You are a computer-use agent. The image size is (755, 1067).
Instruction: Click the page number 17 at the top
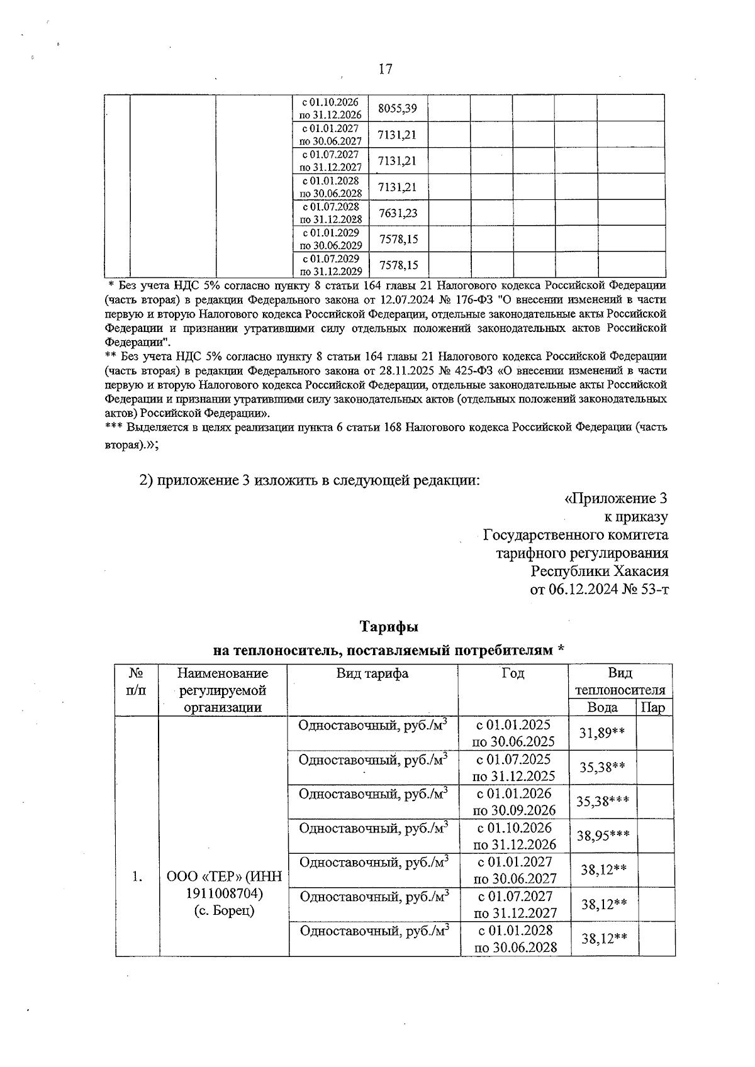click(385, 69)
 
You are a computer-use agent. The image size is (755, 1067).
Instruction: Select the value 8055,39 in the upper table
click(397, 108)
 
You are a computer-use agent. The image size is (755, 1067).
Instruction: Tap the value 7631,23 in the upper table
click(397, 213)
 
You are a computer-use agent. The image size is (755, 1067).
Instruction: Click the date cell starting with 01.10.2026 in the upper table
click(330, 108)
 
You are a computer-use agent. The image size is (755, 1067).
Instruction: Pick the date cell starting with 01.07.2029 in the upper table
click(330, 265)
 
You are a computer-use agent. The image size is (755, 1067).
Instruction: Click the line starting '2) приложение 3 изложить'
click(309, 480)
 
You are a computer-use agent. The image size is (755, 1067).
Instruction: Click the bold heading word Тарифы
click(389, 627)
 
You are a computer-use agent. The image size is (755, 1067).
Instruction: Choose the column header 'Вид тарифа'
click(372, 673)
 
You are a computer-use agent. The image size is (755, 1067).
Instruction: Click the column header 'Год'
click(513, 673)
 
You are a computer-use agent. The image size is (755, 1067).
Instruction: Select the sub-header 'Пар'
click(652, 707)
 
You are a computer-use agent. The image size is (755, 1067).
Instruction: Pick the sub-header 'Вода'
click(602, 707)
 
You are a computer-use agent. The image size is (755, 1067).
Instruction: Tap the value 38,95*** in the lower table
click(603, 836)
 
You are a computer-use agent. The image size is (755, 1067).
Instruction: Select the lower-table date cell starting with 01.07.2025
click(514, 767)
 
